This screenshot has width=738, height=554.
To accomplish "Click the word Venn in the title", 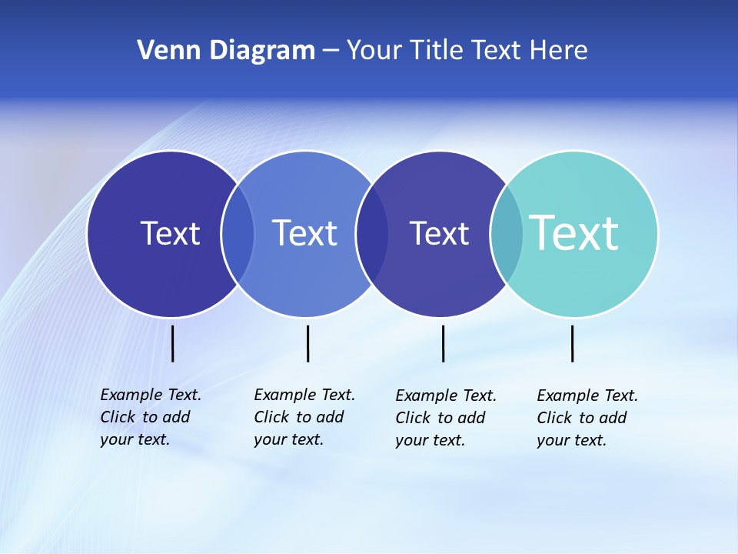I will (x=163, y=50).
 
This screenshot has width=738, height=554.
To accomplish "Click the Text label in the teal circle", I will (x=574, y=233).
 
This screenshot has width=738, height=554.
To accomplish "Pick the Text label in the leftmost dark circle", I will (x=170, y=233).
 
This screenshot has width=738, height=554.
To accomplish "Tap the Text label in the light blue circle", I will (x=304, y=233).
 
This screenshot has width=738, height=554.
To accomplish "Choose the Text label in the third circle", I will (x=439, y=233).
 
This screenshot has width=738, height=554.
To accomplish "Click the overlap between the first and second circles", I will (x=238, y=234).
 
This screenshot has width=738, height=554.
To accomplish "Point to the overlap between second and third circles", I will (x=372, y=234).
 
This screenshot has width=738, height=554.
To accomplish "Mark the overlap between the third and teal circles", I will (x=507, y=234).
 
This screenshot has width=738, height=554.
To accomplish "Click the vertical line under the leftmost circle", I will (x=173, y=343).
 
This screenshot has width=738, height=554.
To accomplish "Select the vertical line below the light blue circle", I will (x=308, y=343).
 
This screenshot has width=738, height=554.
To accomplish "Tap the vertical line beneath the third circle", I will (x=444, y=343).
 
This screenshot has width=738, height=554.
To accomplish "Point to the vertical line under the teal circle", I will (x=573, y=343).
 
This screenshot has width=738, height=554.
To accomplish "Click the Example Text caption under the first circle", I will (x=151, y=395).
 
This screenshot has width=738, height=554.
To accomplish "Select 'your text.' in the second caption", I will (x=288, y=439).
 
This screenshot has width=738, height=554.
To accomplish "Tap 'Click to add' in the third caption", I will (x=440, y=418).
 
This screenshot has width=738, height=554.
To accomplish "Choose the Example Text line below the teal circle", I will (x=587, y=395).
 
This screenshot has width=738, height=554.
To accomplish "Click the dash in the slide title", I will (x=331, y=52).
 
